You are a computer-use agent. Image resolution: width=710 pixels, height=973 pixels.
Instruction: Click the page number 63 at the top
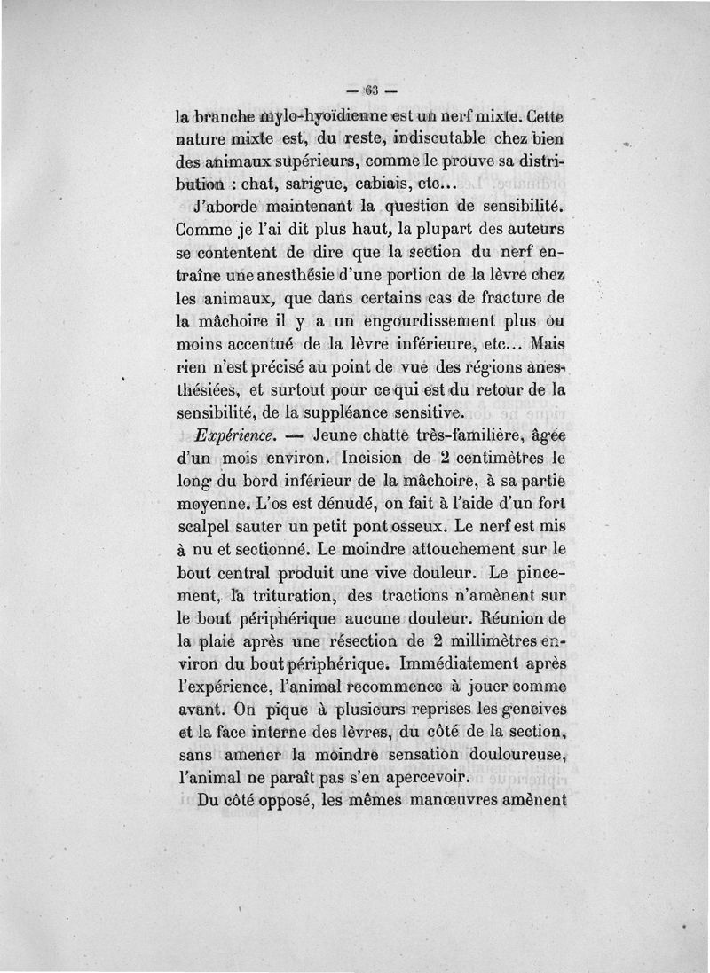370,89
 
